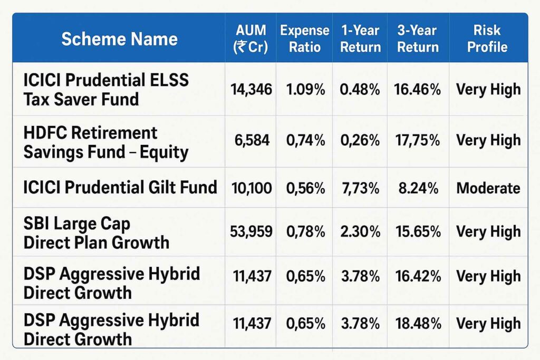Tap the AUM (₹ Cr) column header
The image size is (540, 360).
pyautogui.click(x=250, y=39)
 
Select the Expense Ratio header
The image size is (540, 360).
pyautogui.click(x=304, y=39)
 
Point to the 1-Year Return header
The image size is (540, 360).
pyautogui.click(x=360, y=39)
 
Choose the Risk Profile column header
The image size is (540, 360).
pyautogui.click(x=487, y=39)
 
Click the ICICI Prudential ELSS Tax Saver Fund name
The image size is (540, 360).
pyautogui.click(x=106, y=89)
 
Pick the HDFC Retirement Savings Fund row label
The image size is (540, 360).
pyautogui.click(x=106, y=142)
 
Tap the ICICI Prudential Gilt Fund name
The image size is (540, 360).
pyautogui.click(x=120, y=187)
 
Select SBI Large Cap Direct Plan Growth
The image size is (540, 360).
pyautogui.click(x=97, y=232)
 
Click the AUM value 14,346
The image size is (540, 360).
pyautogui.click(x=251, y=90)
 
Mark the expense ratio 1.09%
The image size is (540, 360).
pyautogui.click(x=305, y=90)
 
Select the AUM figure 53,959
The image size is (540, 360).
pyautogui.click(x=251, y=231)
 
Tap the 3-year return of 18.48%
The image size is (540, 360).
pyautogui.click(x=418, y=323)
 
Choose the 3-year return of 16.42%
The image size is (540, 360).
pyautogui.click(x=418, y=276)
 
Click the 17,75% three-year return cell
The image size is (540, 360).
pyautogui.click(x=418, y=141)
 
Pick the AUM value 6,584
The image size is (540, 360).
pyautogui.click(x=251, y=141)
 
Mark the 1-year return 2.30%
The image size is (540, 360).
pyautogui.click(x=360, y=231)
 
